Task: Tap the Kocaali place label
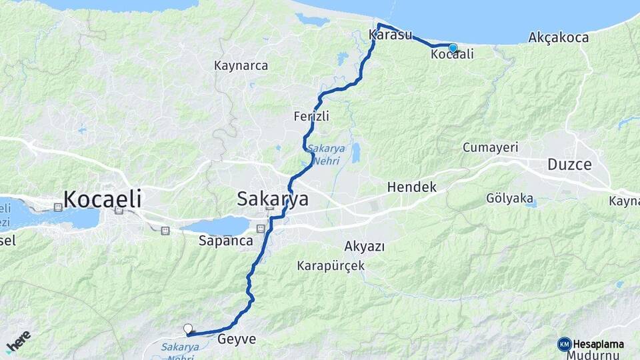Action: [452, 55]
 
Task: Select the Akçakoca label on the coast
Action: [558, 37]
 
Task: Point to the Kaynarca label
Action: [241, 65]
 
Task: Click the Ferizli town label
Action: [311, 116]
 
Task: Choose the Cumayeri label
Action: [490, 147]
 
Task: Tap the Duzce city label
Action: [569, 164]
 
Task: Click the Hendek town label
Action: [411, 187]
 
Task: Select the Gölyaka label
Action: [509, 198]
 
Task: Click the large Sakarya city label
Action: [273, 199]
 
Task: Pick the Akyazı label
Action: [364, 246]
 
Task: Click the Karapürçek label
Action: [330, 265]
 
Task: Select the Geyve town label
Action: [237, 339]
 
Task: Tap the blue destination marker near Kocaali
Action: [453, 47]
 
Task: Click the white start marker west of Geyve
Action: [188, 329]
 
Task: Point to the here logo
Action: [18, 341]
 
